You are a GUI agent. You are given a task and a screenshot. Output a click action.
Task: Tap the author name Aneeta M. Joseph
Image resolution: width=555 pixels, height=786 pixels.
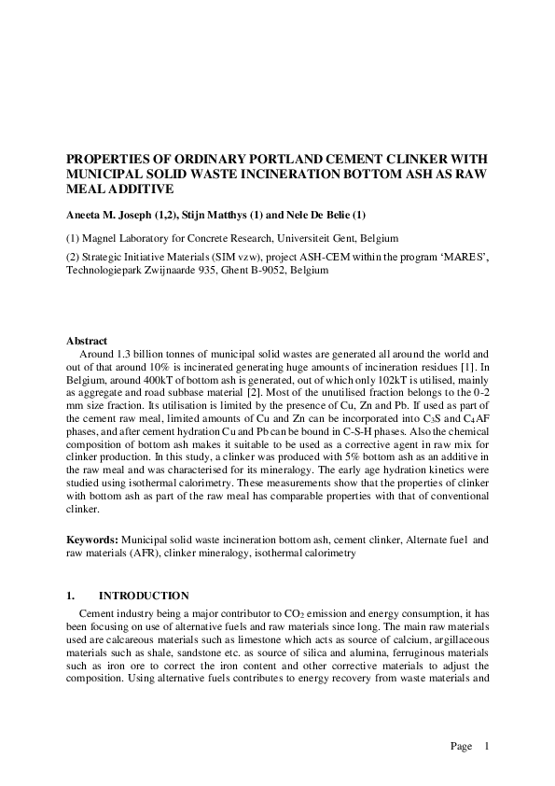point(111,215)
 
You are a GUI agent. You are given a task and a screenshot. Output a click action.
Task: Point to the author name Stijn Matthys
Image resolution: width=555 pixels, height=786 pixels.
point(232,215)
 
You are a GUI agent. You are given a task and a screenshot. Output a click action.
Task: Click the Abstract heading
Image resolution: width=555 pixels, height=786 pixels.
point(87,341)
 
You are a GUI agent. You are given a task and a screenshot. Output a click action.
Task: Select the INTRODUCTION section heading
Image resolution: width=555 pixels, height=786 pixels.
point(145,596)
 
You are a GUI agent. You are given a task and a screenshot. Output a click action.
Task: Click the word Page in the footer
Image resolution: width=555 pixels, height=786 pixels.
point(462,746)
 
